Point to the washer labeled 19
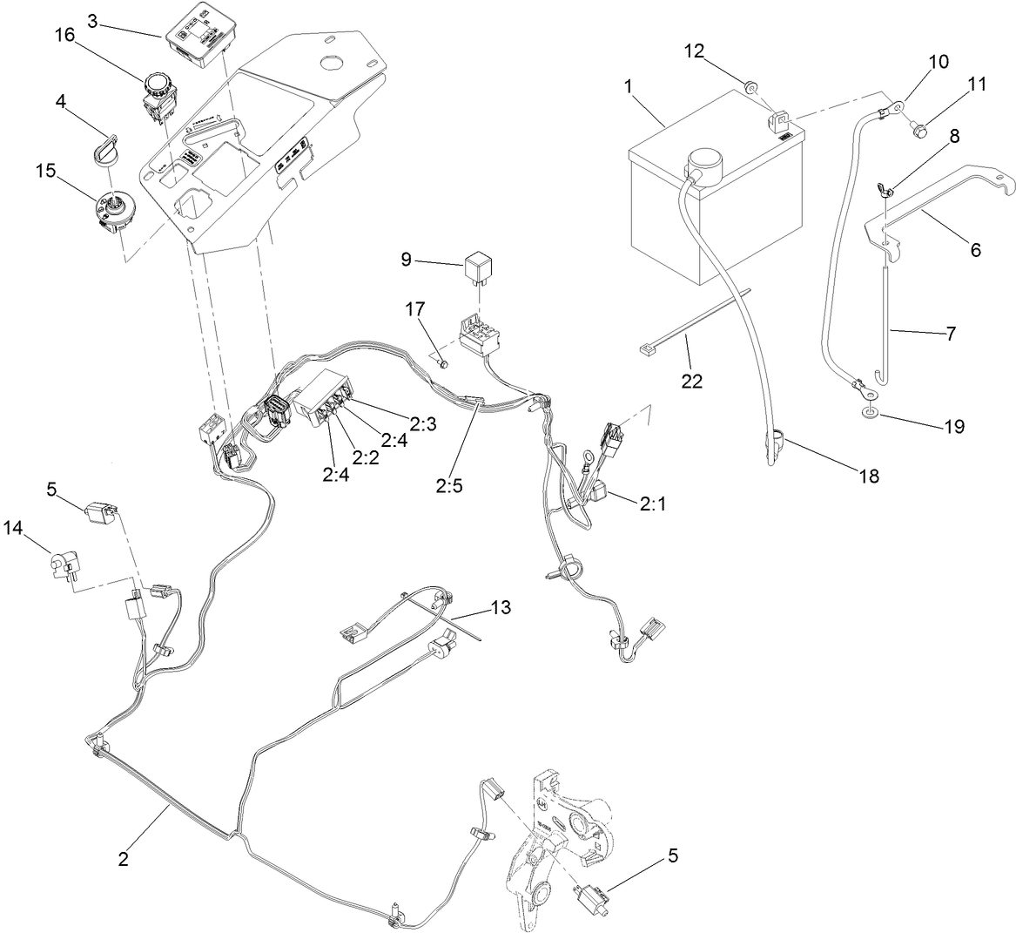(x=871, y=410)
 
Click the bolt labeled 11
(x=917, y=131)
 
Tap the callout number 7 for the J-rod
(x=950, y=334)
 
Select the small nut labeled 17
(x=443, y=362)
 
